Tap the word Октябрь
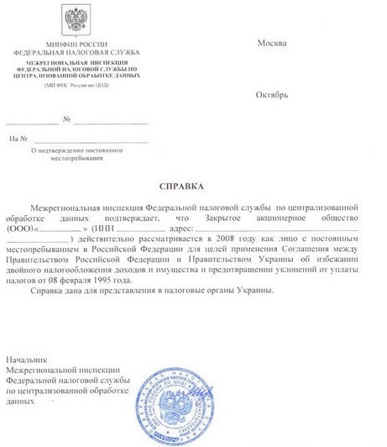pyautogui.click(x=272, y=94)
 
